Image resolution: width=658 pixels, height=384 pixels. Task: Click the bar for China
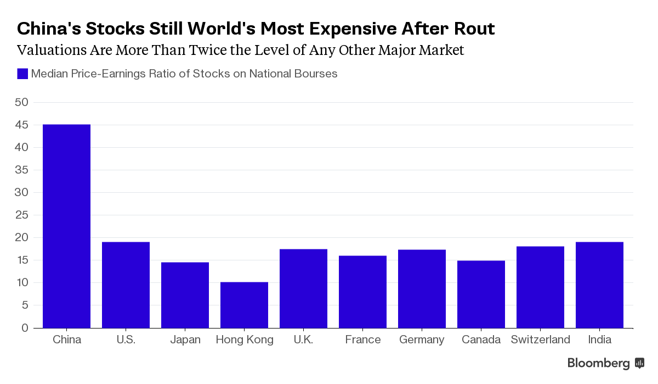[x=66, y=226]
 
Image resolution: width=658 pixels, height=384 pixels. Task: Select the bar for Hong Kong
[x=244, y=305]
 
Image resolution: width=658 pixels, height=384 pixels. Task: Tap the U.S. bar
[x=126, y=285]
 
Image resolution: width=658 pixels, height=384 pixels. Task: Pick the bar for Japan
[x=185, y=295]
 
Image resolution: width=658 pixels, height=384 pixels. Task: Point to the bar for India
[x=599, y=285]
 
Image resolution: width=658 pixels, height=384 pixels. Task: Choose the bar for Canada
[x=481, y=294]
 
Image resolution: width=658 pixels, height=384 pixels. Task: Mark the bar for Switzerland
[x=540, y=287]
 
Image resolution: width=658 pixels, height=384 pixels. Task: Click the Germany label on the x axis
[x=422, y=340]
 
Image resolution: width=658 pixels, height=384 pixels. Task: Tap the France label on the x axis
[x=362, y=340]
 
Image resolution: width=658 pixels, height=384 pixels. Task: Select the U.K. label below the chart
[x=303, y=340]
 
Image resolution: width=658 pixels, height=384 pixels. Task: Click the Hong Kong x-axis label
[x=244, y=340]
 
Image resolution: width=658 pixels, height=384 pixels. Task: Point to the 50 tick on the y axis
[x=22, y=102]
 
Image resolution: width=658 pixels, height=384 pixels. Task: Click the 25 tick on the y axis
[x=22, y=215]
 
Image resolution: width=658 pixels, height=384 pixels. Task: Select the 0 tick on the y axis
[x=25, y=328]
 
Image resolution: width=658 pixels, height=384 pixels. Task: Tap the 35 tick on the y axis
[x=22, y=170]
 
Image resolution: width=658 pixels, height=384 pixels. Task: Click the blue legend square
[x=22, y=74]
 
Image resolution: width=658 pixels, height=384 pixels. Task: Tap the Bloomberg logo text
[x=598, y=363]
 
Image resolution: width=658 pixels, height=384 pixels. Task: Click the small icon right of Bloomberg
[x=639, y=363]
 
